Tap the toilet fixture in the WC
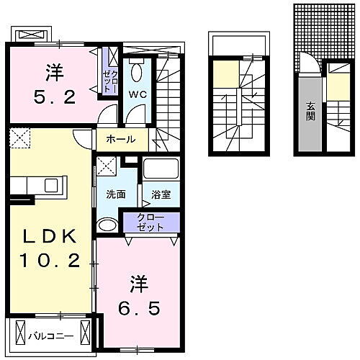click(x=138, y=71)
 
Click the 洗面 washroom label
click(x=115, y=194)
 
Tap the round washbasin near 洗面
click(x=106, y=225)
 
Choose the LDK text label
click(x=50, y=238)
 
